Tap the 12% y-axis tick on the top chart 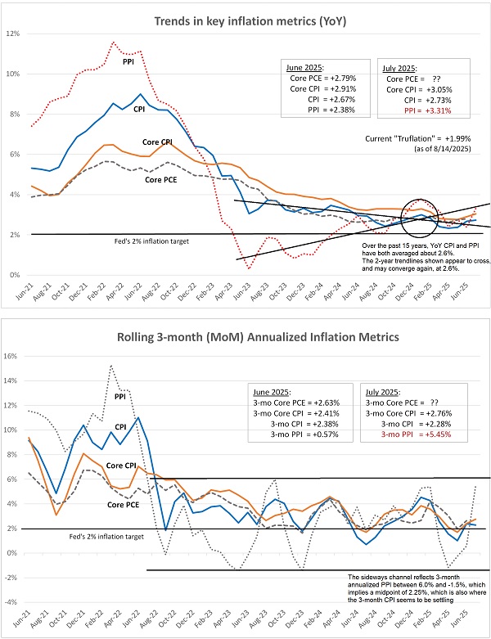[14, 34]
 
